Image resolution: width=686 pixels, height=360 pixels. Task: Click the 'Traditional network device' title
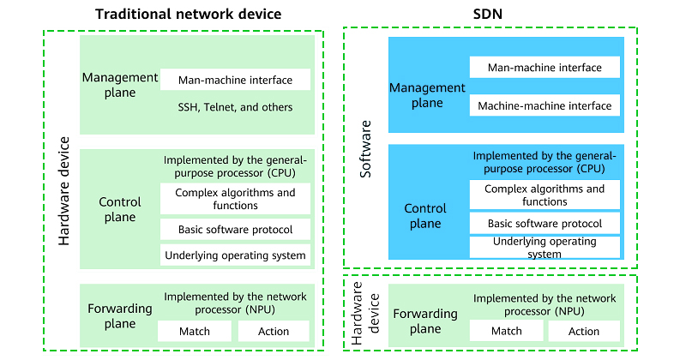click(188, 15)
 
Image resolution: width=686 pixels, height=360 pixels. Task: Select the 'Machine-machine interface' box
click(544, 106)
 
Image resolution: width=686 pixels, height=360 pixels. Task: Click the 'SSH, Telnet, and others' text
click(235, 107)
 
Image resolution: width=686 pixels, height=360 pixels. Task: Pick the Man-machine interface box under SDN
click(544, 67)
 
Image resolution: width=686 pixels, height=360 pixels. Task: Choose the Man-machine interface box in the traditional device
click(235, 81)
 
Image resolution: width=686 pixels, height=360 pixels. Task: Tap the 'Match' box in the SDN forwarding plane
click(506, 331)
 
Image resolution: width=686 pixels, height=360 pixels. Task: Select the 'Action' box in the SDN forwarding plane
click(584, 331)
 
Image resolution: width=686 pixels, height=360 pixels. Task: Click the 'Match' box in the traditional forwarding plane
click(194, 331)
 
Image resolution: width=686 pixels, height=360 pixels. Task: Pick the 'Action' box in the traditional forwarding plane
click(274, 331)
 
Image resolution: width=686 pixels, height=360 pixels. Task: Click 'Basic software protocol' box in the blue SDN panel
click(544, 224)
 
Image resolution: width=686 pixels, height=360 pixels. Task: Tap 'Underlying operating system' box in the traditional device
click(235, 255)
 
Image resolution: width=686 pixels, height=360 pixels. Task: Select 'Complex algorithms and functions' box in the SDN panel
click(544, 195)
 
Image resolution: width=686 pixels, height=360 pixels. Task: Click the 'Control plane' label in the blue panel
click(426, 216)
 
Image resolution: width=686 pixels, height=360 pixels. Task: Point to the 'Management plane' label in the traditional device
click(120, 84)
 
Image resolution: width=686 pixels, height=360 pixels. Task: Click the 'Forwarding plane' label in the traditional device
click(120, 316)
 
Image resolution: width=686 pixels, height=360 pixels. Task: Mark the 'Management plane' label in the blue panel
click(426, 95)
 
